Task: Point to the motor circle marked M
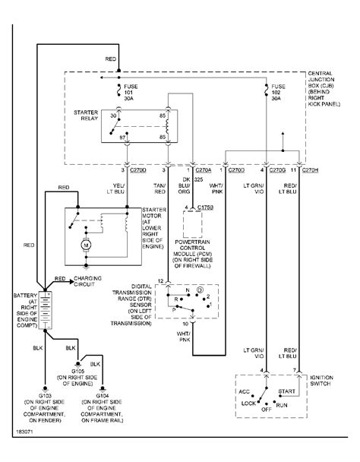pos(87,245)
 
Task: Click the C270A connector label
pos(203,171)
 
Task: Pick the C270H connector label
pos(310,171)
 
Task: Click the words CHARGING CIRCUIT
pos(93,281)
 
